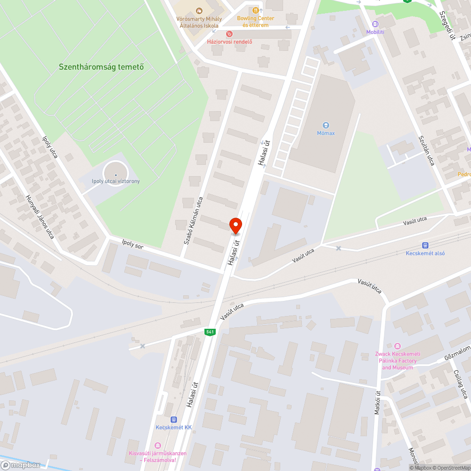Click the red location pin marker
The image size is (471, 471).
[235, 225]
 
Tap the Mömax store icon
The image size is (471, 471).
[325, 125]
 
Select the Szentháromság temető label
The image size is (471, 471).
[101, 67]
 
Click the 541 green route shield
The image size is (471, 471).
[210, 332]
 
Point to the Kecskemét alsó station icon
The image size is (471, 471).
[425, 245]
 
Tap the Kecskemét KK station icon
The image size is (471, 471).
[174, 419]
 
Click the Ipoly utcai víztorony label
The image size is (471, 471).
[116, 181]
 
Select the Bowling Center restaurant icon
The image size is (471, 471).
[255, 10]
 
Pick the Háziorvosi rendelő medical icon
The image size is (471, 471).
[229, 34]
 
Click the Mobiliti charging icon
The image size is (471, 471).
[375, 24]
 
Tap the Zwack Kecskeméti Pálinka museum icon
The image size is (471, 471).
[398, 346]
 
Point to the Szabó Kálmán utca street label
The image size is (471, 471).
[193, 220]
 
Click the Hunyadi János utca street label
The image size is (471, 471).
[40, 217]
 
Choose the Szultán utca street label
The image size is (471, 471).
[427, 151]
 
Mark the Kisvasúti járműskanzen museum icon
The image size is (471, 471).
[157, 445]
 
